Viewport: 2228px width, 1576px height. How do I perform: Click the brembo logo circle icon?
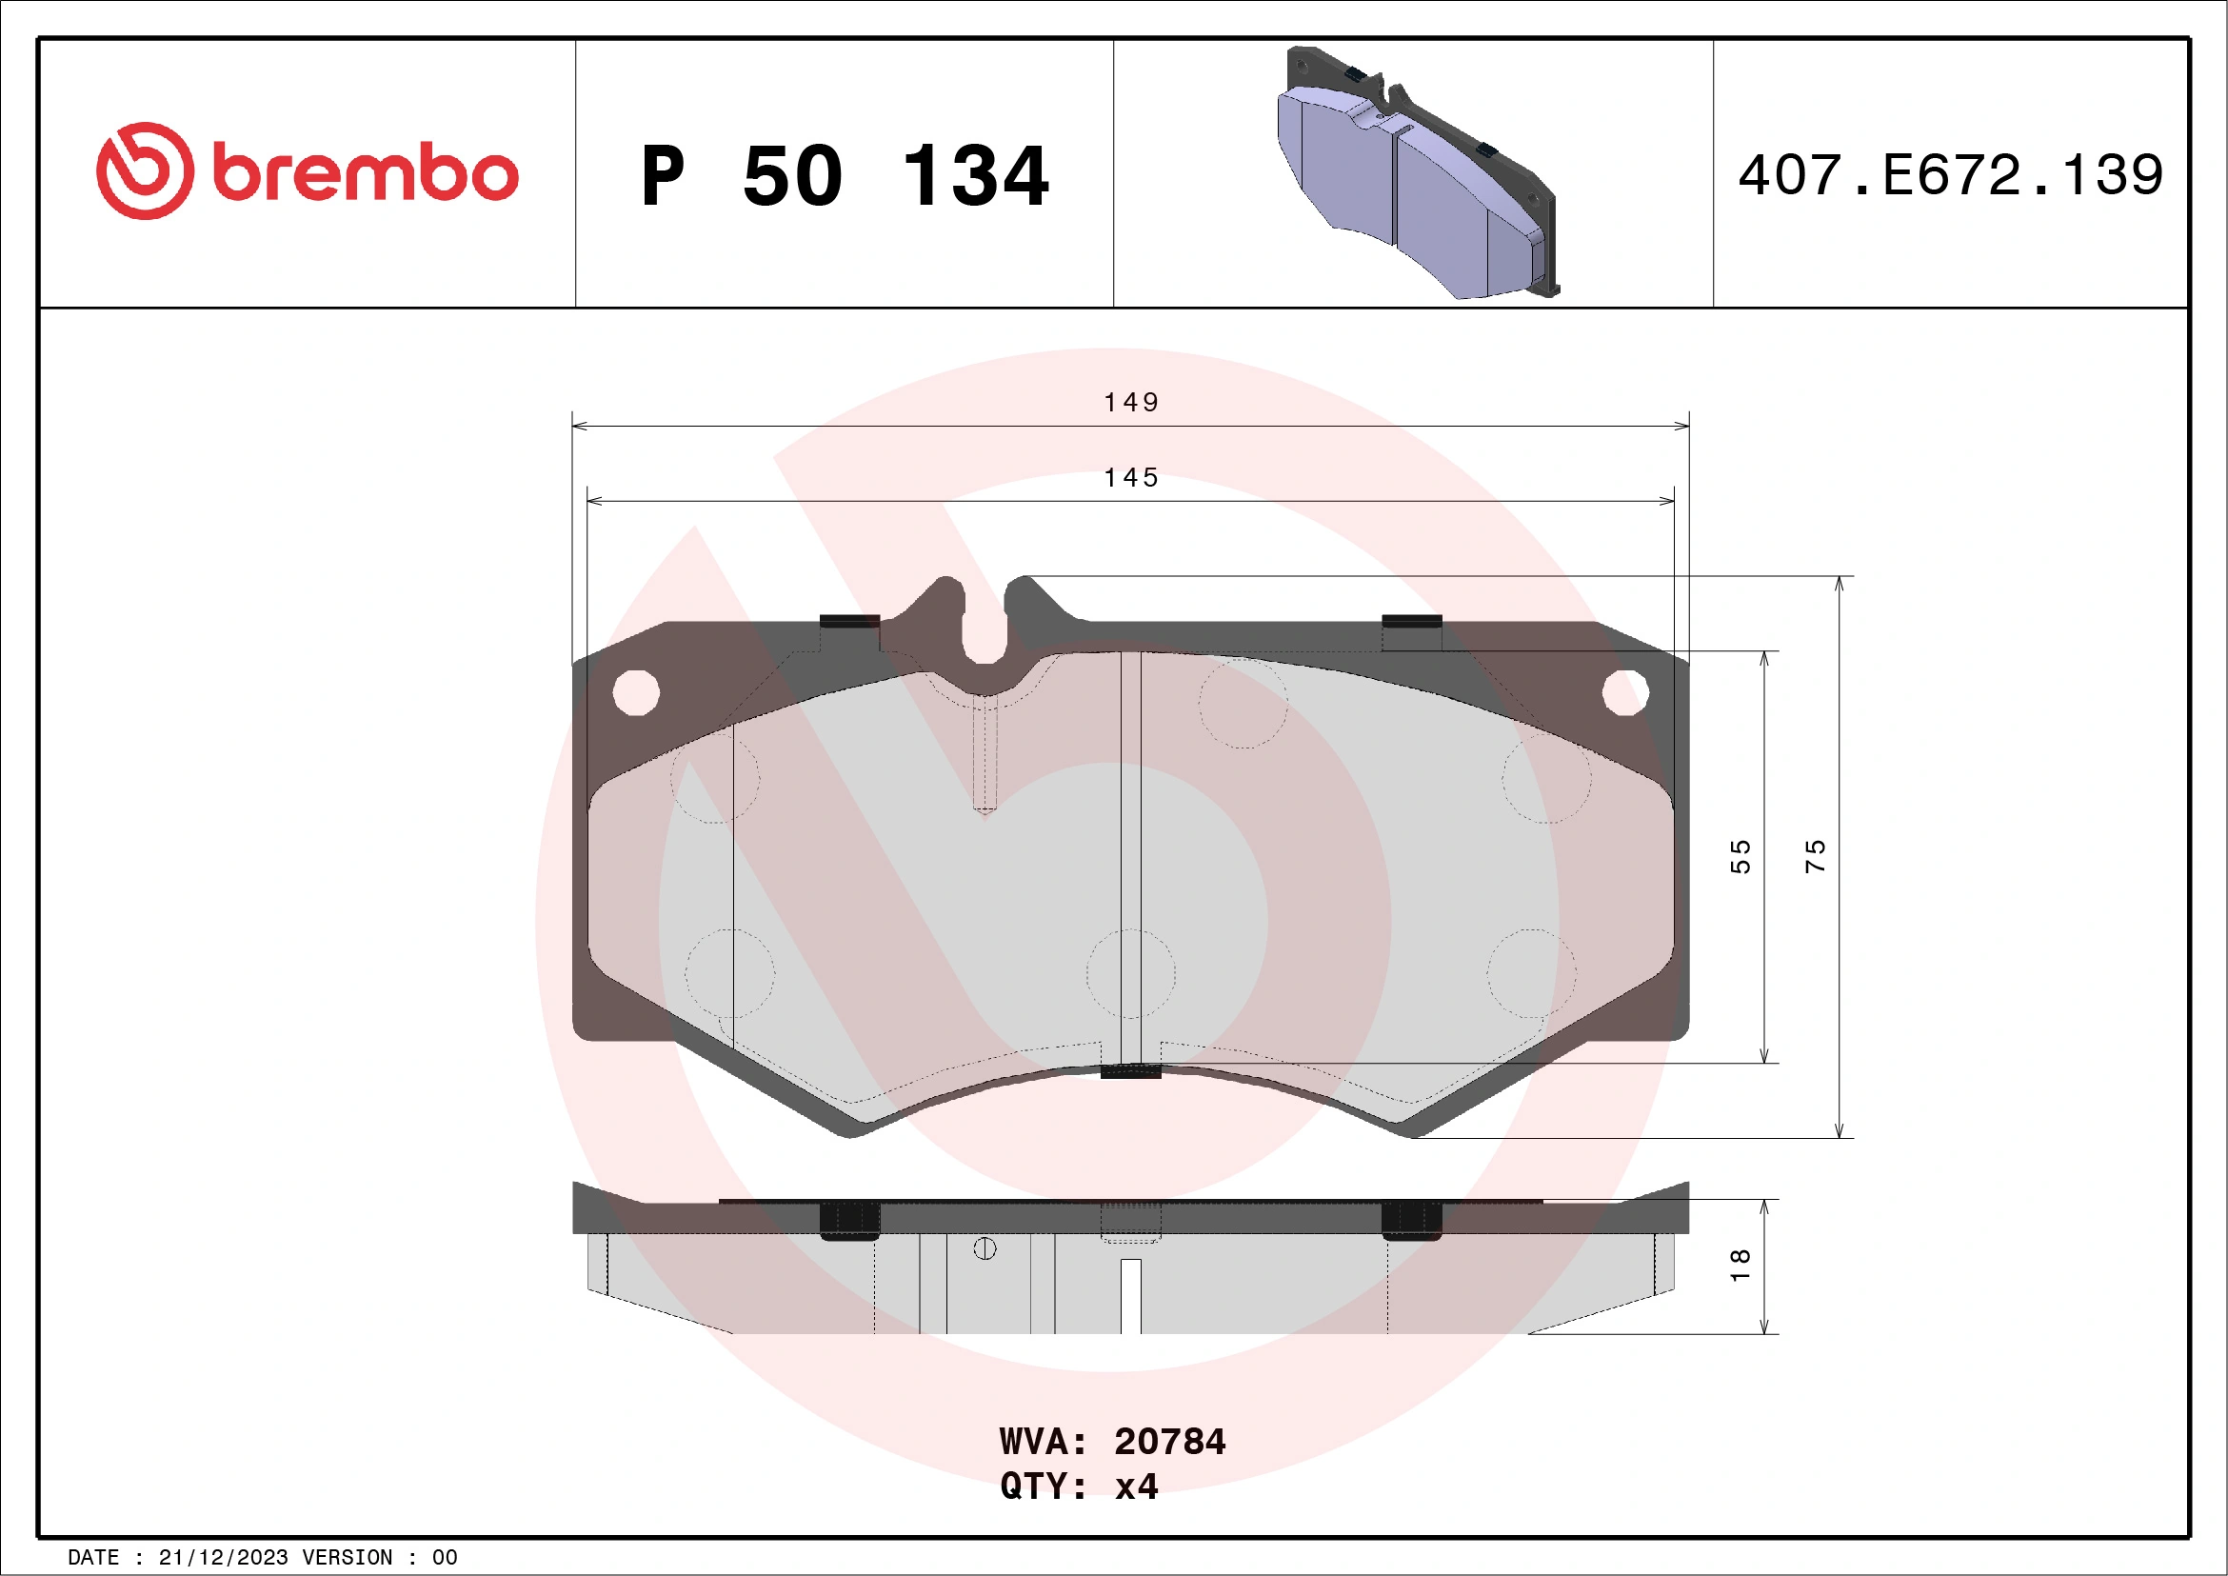coord(145,170)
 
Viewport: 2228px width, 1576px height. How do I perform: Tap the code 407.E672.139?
coord(1951,175)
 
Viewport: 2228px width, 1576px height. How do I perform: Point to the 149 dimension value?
coord(1131,402)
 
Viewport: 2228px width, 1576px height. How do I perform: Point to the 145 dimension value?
coord(1131,477)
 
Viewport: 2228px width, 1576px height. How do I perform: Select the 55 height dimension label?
coord(1740,856)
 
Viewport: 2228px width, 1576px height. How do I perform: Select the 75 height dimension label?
coord(1815,856)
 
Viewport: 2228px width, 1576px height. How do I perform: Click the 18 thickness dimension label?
coord(1740,1265)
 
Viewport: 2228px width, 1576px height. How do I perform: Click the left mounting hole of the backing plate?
coord(637,693)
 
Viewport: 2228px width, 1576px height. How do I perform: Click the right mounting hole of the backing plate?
coord(1625,693)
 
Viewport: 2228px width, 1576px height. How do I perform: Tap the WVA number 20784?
coord(1169,1442)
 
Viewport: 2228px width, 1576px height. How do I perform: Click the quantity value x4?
coord(1136,1486)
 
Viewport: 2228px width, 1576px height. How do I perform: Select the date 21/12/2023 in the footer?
coord(223,1558)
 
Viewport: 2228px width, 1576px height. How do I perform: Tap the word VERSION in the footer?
coord(348,1558)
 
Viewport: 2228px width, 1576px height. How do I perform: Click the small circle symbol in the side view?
coord(985,1249)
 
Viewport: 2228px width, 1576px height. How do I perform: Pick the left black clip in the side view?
coord(850,1219)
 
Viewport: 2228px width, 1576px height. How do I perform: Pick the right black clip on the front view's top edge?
coord(1411,621)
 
